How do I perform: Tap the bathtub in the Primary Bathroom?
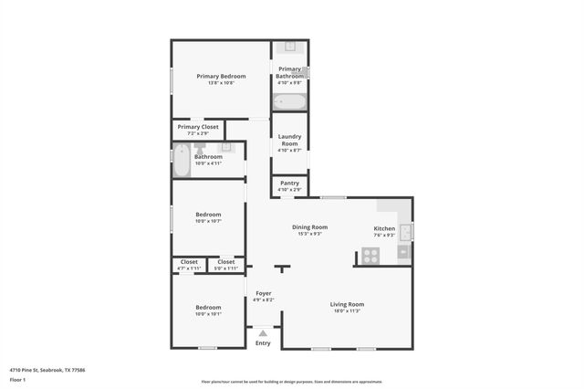pos(290,101)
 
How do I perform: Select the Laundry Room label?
pos(289,140)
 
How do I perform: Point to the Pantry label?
pos(289,184)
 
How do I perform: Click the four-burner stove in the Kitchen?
pos(370,256)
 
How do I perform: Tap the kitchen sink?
pos(406,231)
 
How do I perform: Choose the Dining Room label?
pos(309,226)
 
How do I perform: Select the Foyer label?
pos(263,293)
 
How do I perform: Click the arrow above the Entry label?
pos(263,333)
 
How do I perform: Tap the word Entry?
pos(263,342)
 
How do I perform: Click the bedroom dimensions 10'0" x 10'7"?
pos(208,221)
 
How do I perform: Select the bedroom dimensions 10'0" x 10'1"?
pos(208,314)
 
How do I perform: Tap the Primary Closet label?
pos(198,127)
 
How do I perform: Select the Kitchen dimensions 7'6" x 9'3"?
pos(384,236)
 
